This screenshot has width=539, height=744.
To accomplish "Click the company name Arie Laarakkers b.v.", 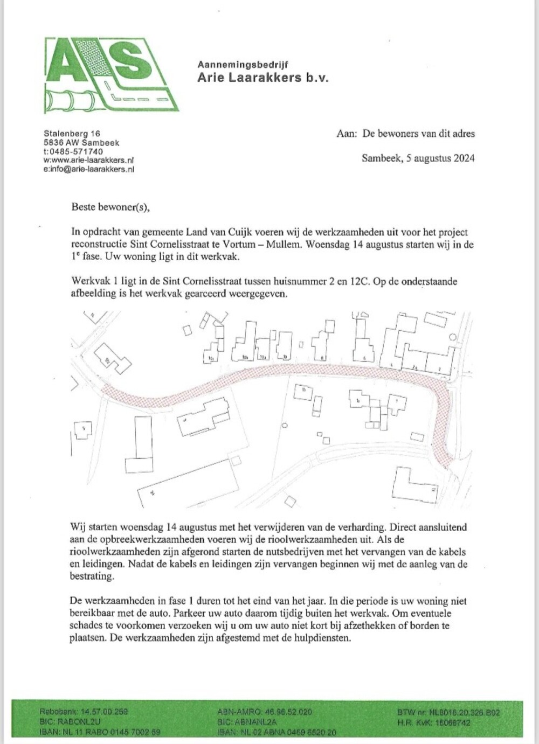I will click(x=262, y=78).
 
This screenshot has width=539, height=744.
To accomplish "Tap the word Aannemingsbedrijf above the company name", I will click(x=243, y=64).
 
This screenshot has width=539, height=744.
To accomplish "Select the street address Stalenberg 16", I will click(x=72, y=133).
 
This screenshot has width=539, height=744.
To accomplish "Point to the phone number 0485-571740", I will click(x=76, y=152).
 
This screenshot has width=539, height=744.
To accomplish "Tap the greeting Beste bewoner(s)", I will click(x=108, y=206).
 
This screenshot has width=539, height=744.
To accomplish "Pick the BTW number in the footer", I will click(x=448, y=712).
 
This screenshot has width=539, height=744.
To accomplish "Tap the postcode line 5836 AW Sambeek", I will click(x=81, y=143).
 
